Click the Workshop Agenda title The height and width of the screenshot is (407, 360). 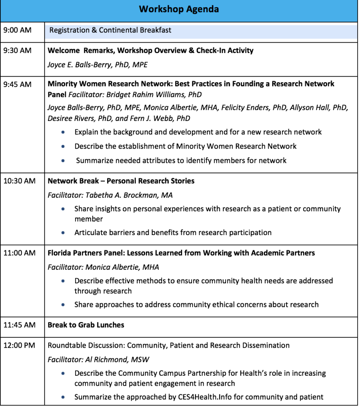click(179, 9)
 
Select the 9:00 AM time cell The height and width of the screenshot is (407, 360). click(17, 30)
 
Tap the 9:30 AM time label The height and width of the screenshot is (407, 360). click(17, 51)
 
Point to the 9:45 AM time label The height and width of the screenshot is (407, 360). click(17, 84)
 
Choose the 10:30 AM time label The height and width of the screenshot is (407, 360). click(19, 181)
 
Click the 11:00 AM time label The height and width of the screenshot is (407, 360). click(19, 253)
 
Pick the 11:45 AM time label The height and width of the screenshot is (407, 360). click(19, 325)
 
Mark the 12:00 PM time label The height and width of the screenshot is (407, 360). click(19, 345)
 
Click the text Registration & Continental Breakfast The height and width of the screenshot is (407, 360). click(110, 30)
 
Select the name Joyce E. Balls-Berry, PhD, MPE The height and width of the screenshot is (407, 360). click(98, 65)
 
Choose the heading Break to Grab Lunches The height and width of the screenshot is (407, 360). click(86, 325)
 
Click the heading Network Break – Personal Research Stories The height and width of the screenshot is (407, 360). click(121, 181)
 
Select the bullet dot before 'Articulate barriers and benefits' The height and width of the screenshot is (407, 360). click(63, 233)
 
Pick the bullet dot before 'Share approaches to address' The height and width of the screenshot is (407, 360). click(63, 305)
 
